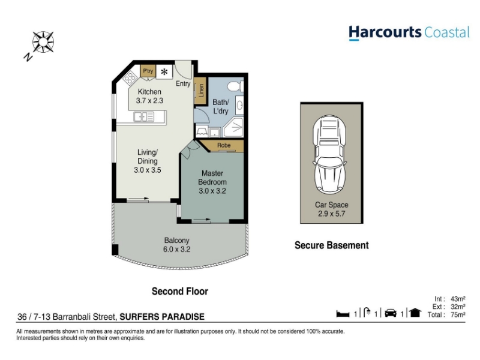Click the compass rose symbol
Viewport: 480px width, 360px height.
tap(43, 42)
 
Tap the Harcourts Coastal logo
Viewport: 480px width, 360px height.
tap(409, 33)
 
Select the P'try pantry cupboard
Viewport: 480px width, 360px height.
tap(148, 71)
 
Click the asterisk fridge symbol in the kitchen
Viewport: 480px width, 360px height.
tap(164, 72)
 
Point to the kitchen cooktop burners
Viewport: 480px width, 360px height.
tap(130, 77)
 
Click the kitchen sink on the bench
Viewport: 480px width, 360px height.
tap(143, 116)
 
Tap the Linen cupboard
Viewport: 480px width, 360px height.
tap(201, 91)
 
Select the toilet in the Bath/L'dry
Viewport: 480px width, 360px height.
tap(235, 86)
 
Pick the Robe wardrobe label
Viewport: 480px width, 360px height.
tap(224, 145)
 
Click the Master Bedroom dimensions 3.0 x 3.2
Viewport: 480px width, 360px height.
tap(212, 191)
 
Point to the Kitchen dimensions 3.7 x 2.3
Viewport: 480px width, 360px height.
tap(149, 100)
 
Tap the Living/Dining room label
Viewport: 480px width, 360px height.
tap(147, 157)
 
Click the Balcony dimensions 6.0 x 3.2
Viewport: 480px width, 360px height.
tap(176, 249)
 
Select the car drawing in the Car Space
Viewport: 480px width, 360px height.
tap(330, 154)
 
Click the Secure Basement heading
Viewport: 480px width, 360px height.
tap(332, 245)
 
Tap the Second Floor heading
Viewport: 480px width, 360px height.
tap(180, 291)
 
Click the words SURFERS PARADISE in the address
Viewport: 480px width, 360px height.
tap(162, 317)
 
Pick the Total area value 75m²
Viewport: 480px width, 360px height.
tap(458, 314)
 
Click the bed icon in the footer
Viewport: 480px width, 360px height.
tap(343, 314)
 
